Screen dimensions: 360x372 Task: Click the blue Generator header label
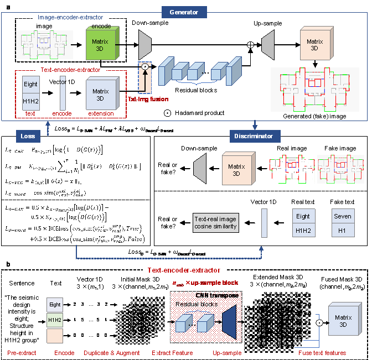click(184, 12)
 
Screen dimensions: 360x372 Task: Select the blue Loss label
click(28, 136)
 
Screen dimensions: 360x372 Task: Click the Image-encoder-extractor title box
click(70, 18)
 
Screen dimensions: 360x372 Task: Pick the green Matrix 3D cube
click(100, 44)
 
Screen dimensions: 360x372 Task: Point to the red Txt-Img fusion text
click(148, 99)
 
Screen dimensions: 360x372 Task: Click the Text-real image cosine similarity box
click(216, 223)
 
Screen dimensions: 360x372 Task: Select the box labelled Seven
click(343, 216)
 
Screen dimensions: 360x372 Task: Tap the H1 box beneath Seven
click(343, 230)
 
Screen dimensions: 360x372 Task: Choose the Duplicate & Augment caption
click(112, 353)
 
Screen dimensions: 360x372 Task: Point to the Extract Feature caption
click(172, 353)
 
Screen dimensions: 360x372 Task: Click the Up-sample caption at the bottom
click(227, 353)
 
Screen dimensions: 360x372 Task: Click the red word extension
click(101, 113)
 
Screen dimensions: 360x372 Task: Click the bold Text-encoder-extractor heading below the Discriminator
click(184, 270)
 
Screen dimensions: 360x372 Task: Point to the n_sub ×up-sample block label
click(205, 283)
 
